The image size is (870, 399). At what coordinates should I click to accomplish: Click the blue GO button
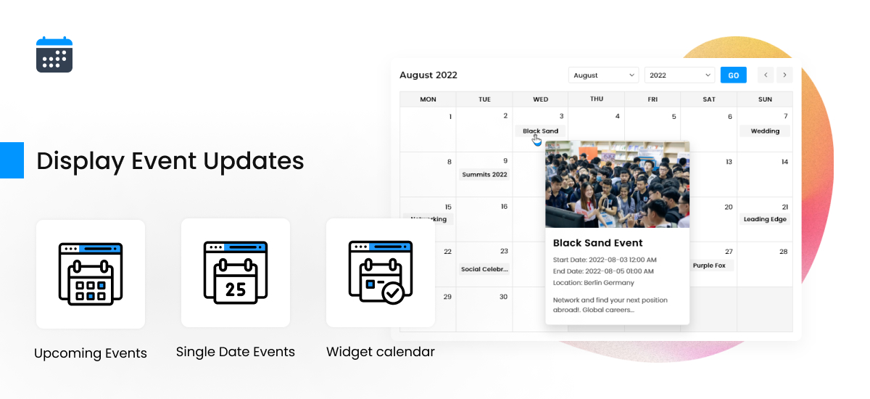click(733, 75)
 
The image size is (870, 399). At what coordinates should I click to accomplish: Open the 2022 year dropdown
click(679, 75)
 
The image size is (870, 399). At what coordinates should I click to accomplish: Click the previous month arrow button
click(766, 75)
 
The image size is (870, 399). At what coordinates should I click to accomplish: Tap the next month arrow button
click(784, 75)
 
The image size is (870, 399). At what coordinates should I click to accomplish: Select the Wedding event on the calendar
click(765, 131)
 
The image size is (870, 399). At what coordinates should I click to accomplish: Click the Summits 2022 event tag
click(484, 174)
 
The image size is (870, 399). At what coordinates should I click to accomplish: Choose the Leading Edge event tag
click(765, 219)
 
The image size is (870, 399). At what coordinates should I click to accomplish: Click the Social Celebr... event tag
click(484, 269)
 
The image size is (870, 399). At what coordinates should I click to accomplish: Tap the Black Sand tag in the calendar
click(540, 131)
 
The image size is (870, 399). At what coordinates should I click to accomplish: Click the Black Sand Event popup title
click(597, 243)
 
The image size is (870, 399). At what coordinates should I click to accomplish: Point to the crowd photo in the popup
click(617, 184)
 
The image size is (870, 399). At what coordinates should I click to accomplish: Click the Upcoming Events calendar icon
click(91, 273)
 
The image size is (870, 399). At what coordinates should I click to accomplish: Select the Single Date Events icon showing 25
click(236, 273)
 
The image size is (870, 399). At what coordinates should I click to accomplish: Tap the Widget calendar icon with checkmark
click(381, 273)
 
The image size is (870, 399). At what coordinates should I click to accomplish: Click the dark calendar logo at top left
click(54, 55)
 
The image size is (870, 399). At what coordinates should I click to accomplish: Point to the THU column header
click(597, 99)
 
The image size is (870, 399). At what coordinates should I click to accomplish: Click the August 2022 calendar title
click(428, 75)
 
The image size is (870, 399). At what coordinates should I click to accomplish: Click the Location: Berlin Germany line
click(593, 283)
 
